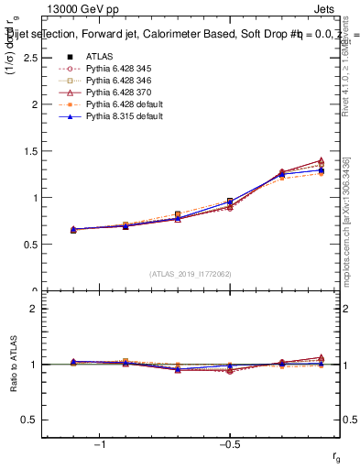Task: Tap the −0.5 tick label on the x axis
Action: [229, 444]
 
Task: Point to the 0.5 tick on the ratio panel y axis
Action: [31, 420]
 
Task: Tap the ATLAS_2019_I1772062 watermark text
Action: [191, 274]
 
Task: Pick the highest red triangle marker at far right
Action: [320, 161]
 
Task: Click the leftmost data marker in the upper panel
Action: [73, 229]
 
